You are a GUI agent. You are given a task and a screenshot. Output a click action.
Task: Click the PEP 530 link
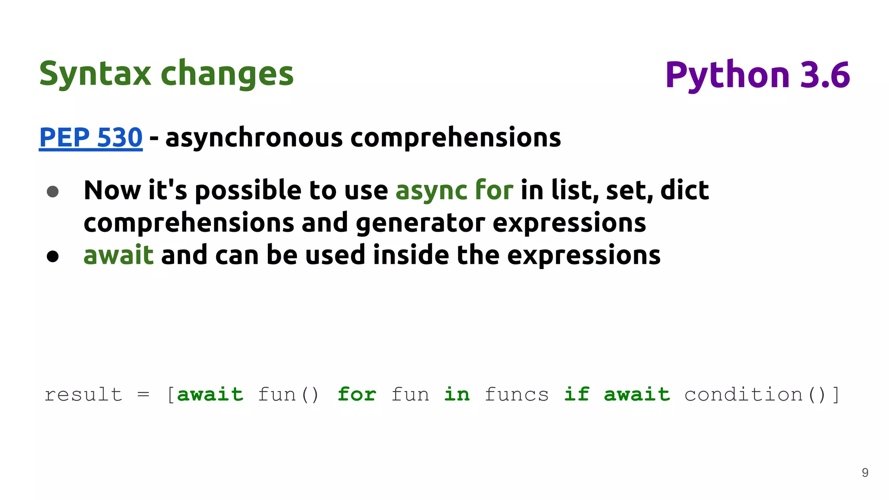(91, 138)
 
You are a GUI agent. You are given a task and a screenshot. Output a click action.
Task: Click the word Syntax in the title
(95, 74)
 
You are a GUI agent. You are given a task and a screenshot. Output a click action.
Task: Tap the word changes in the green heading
(227, 74)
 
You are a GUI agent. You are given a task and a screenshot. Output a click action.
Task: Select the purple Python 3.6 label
(757, 75)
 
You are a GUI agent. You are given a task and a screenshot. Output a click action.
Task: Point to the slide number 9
(865, 473)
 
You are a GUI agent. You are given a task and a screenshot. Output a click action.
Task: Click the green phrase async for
(454, 190)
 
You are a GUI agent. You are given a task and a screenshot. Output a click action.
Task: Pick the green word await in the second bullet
(118, 255)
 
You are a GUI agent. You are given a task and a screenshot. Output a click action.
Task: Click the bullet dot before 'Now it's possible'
(53, 191)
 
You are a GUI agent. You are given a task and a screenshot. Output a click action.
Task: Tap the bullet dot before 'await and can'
(53, 256)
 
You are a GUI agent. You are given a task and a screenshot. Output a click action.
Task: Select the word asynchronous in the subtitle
(254, 138)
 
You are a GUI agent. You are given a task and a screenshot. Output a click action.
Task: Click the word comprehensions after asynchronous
(455, 138)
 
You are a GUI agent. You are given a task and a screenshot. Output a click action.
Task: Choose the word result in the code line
(83, 395)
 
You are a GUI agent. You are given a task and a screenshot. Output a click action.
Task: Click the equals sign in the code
(143, 395)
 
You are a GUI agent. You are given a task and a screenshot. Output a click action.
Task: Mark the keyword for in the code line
(357, 395)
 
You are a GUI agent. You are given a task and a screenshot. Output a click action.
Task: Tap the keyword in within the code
(457, 395)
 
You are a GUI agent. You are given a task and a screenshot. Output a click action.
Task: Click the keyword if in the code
(576, 395)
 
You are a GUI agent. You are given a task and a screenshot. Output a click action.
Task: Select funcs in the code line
(517, 395)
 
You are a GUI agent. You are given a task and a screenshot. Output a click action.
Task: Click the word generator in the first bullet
(420, 223)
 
